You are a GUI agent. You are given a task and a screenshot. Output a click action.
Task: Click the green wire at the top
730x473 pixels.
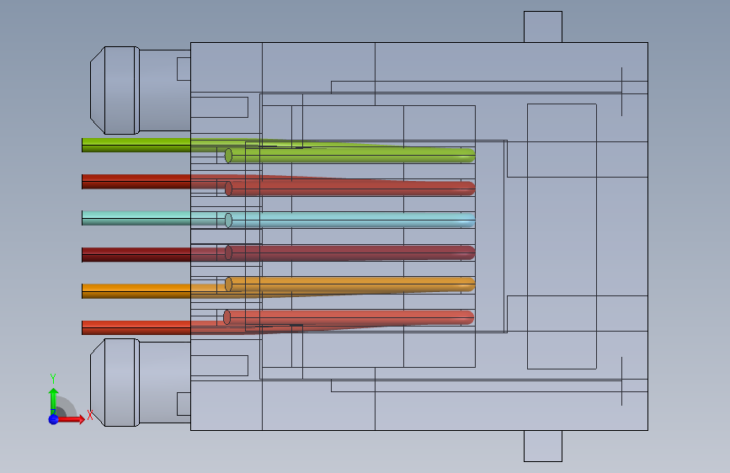[135, 144]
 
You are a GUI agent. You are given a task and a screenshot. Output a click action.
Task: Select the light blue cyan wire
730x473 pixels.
[135, 218]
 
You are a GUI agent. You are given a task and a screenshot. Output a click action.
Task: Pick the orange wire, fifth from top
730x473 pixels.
[135, 290]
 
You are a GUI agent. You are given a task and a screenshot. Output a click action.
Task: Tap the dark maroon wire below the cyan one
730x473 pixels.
[135, 253]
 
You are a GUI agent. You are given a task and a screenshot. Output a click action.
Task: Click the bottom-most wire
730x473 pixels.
[135, 327]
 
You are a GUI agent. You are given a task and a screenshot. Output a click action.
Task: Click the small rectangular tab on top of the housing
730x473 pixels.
[542, 26]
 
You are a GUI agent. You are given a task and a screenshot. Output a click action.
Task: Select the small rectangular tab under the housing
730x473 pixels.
[542, 445]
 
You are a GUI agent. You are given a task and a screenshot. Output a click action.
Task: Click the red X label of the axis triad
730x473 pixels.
[90, 415]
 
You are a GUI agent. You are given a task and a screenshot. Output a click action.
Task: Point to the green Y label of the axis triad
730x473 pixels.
[53, 377]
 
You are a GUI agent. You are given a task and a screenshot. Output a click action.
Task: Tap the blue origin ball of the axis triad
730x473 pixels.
[53, 418]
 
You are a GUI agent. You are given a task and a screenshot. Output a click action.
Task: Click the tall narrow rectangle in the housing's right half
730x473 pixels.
[562, 236]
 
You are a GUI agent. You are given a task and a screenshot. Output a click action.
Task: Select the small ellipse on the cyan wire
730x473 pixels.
[228, 220]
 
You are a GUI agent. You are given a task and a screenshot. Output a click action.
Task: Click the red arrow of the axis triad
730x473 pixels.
[74, 418]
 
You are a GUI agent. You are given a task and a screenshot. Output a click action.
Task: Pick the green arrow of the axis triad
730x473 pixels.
[53, 396]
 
